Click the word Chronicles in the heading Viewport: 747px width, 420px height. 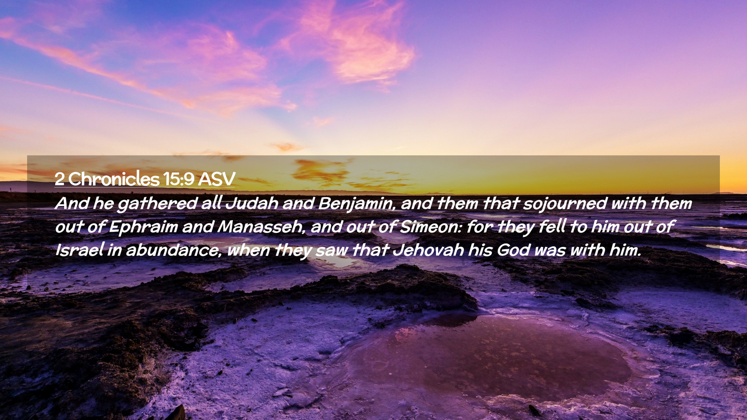(x=114, y=179)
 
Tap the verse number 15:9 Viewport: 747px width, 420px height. (x=179, y=179)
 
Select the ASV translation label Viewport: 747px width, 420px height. (x=217, y=179)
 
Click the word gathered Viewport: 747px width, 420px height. (x=157, y=204)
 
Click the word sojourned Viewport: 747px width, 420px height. (x=565, y=204)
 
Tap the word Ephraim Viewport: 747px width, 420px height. (x=143, y=227)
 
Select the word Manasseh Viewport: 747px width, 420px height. (x=261, y=226)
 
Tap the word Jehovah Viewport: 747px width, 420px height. (x=428, y=250)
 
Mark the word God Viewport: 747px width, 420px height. (x=513, y=250)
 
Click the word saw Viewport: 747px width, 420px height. (x=331, y=251)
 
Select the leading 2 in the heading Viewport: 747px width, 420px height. (x=60, y=179)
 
